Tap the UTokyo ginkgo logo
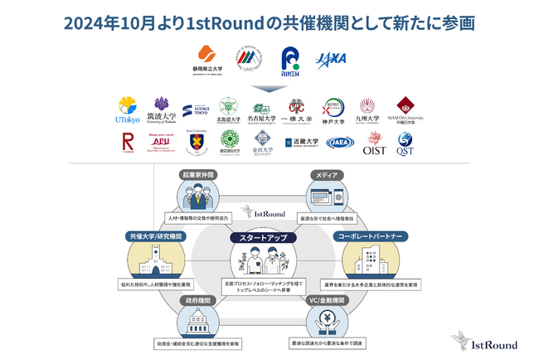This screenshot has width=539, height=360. (127, 110)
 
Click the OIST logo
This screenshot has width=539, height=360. (375, 144)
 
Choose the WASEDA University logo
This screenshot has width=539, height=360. (405, 110)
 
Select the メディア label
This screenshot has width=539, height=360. (324, 175)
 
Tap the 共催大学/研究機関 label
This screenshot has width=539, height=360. (156, 236)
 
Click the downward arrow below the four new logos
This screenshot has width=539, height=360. (269, 86)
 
